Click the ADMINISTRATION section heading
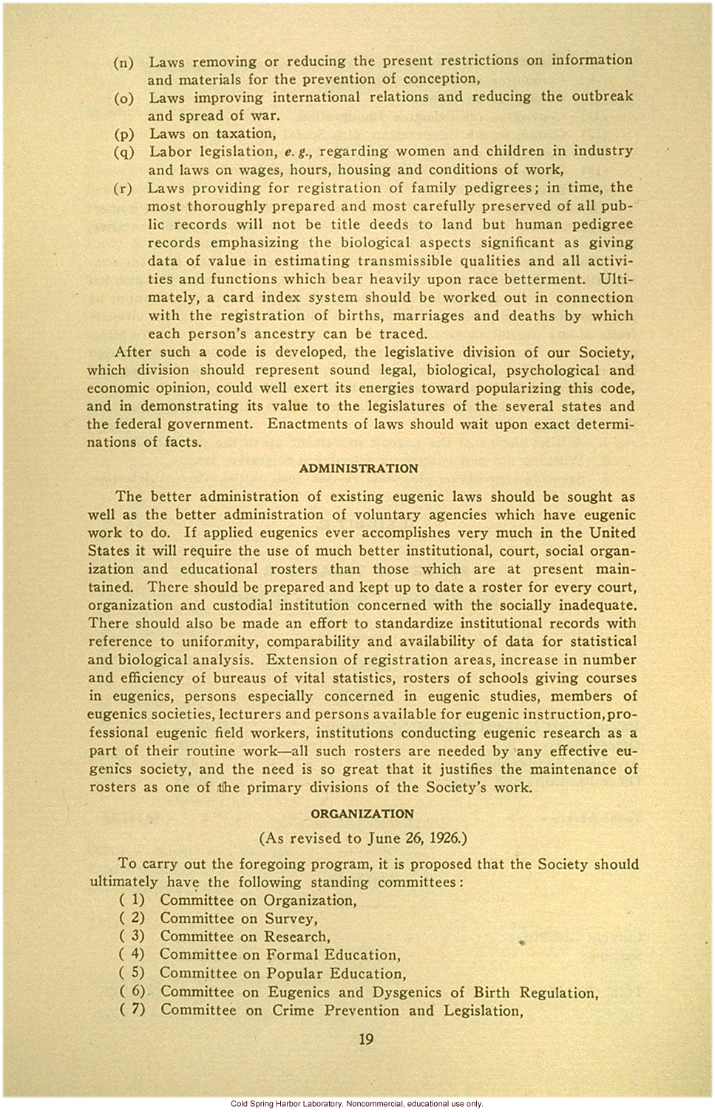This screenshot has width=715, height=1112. (359, 468)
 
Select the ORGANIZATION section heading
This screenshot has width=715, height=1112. (362, 814)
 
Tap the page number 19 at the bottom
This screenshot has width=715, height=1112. (366, 1039)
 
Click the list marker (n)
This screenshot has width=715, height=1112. (124, 62)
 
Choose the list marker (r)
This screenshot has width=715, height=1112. (123, 189)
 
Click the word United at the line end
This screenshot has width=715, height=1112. (611, 533)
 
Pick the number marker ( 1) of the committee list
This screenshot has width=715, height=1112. (132, 900)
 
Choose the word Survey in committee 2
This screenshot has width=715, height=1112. (291, 919)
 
